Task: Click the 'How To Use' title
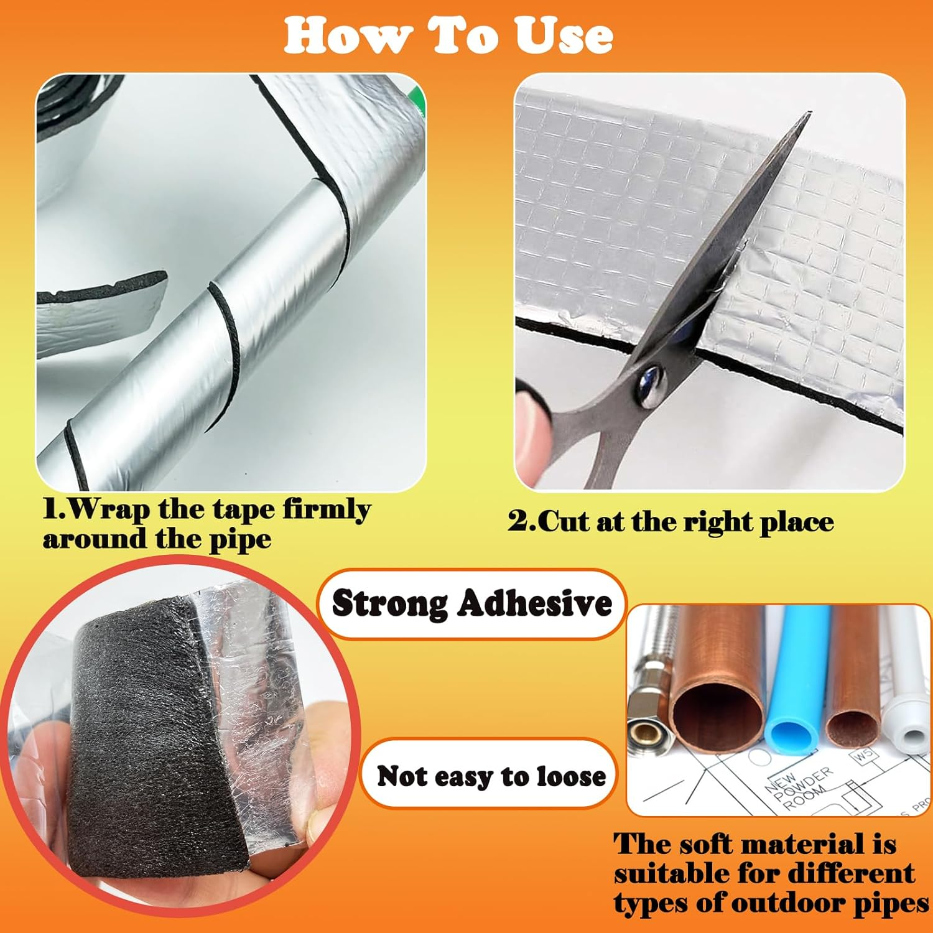pyautogui.click(x=448, y=35)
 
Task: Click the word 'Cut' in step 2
pyautogui.click(x=564, y=521)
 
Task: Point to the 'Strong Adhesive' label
pyautogui.click(x=471, y=603)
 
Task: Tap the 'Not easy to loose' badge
pyautogui.click(x=491, y=776)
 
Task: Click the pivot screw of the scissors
pyautogui.click(x=649, y=379)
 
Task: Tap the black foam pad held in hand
pyautogui.click(x=143, y=740)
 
